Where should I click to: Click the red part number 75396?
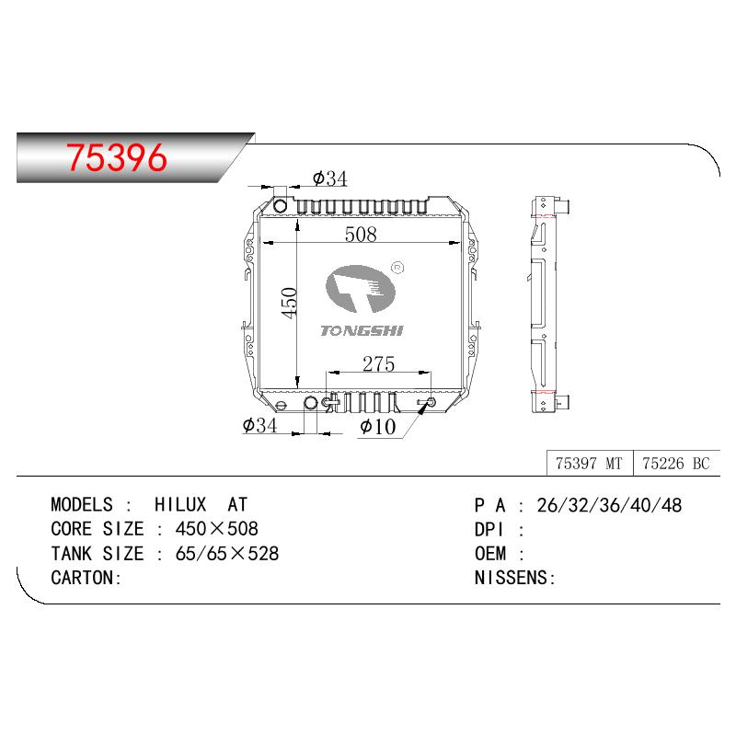pyautogui.click(x=117, y=157)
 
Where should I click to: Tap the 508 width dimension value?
pyautogui.click(x=361, y=235)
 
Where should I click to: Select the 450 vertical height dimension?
pyautogui.click(x=289, y=304)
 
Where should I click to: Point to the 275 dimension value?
pyautogui.click(x=378, y=363)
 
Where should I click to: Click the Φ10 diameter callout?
pyautogui.click(x=377, y=426)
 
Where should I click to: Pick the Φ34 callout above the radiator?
pyautogui.click(x=329, y=178)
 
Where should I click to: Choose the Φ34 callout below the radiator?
pyautogui.click(x=259, y=425)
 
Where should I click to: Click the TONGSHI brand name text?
pyautogui.click(x=362, y=331)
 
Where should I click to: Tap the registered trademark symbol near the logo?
pyautogui.click(x=397, y=268)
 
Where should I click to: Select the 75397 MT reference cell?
pyautogui.click(x=590, y=464)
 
